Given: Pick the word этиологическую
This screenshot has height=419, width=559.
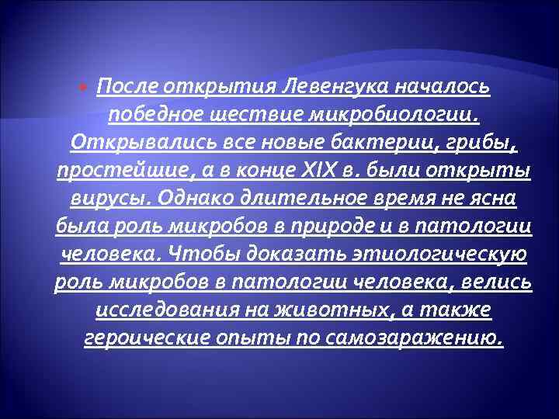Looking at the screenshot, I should pyautogui.click(x=439, y=255).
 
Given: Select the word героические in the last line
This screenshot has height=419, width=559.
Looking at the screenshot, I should pyautogui.click(x=144, y=338).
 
